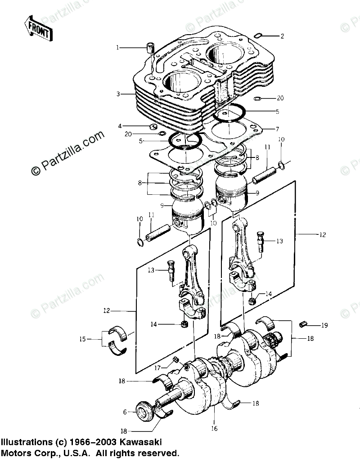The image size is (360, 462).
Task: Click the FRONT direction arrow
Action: (x=38, y=28)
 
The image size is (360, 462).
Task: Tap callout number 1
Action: (x=117, y=47)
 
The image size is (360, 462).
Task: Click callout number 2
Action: (x=282, y=36)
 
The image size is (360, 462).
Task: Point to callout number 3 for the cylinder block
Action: (x=118, y=94)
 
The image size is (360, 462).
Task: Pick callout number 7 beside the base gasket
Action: (x=277, y=129)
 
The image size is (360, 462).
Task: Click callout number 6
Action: (x=125, y=413)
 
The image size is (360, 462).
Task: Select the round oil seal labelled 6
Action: (x=144, y=411)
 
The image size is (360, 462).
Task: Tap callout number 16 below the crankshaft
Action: (x=214, y=428)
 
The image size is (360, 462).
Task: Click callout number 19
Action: (x=324, y=325)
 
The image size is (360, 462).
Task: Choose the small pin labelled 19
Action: (x=303, y=324)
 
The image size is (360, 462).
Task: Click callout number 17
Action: (x=157, y=368)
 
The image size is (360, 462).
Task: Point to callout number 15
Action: (x=82, y=339)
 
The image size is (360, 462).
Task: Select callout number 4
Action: (x=120, y=126)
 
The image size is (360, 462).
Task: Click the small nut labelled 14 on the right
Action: (x=252, y=301)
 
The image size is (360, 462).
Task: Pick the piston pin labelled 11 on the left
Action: (x=159, y=233)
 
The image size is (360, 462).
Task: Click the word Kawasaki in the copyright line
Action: (x=143, y=442)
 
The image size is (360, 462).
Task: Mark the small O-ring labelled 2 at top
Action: (x=258, y=36)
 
